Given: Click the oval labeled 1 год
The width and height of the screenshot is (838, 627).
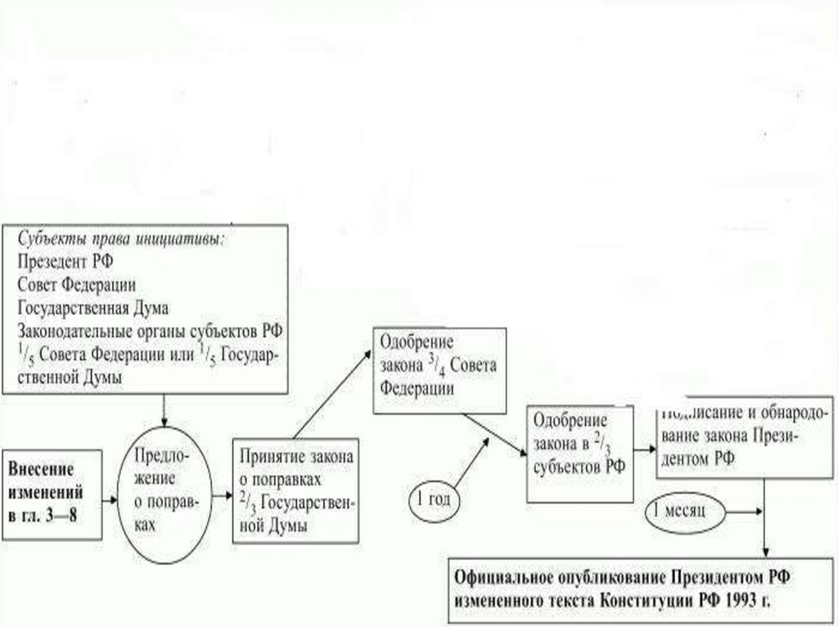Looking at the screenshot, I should point(434,498).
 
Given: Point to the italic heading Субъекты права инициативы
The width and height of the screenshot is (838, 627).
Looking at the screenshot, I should point(119,240).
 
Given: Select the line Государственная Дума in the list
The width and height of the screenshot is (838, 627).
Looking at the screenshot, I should point(92,307).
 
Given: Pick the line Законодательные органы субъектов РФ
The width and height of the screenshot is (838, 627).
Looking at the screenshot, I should point(148,330).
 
